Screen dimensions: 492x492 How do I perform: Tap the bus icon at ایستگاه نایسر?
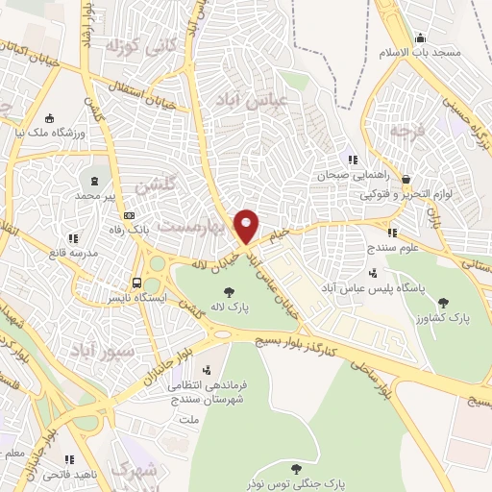tap(137, 283)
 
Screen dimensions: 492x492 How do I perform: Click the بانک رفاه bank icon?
tap(129, 215)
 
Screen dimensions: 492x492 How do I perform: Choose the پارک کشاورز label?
tap(432, 316)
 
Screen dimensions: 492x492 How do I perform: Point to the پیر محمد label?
tap(103, 195)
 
